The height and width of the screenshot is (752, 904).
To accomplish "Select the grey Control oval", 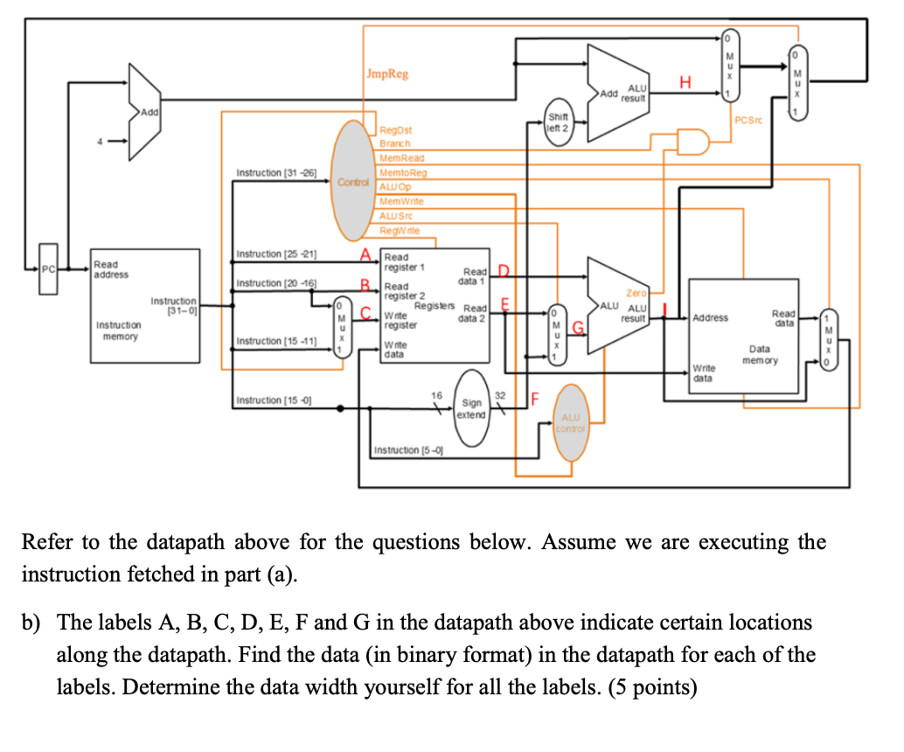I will pyautogui.click(x=355, y=181).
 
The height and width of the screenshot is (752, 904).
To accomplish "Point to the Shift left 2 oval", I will pyautogui.click(x=557, y=122).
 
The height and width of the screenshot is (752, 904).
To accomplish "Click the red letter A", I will pyautogui.click(x=365, y=254).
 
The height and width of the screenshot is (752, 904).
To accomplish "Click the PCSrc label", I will pyautogui.click(x=750, y=121).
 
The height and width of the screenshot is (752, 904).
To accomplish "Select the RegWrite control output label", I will pyautogui.click(x=399, y=230).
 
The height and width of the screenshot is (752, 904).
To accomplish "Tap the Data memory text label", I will pyautogui.click(x=759, y=354).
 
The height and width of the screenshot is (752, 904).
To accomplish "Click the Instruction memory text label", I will pyautogui.click(x=120, y=331).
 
